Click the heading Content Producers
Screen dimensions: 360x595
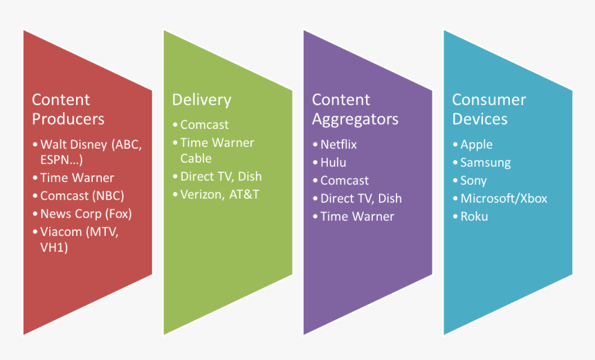click(x=68, y=109)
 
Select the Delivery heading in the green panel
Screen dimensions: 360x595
click(x=201, y=100)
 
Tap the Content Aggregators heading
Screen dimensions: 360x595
click(x=355, y=109)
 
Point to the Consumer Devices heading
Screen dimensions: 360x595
click(x=488, y=109)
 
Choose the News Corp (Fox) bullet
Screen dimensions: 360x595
click(x=85, y=213)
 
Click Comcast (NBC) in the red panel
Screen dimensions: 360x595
click(x=82, y=195)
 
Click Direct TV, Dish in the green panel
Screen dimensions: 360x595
click(x=221, y=176)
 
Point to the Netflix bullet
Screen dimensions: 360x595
click(x=338, y=145)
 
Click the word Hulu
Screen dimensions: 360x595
click(x=333, y=163)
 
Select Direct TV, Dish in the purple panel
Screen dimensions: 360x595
click(x=360, y=198)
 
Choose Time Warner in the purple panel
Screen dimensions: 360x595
click(x=357, y=216)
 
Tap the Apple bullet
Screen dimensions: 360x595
click(x=476, y=145)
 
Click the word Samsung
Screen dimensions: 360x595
click(x=485, y=163)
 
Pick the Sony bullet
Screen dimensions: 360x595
click(x=473, y=181)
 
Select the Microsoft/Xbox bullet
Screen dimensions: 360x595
click(x=504, y=199)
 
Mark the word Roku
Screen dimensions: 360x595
click(x=474, y=217)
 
